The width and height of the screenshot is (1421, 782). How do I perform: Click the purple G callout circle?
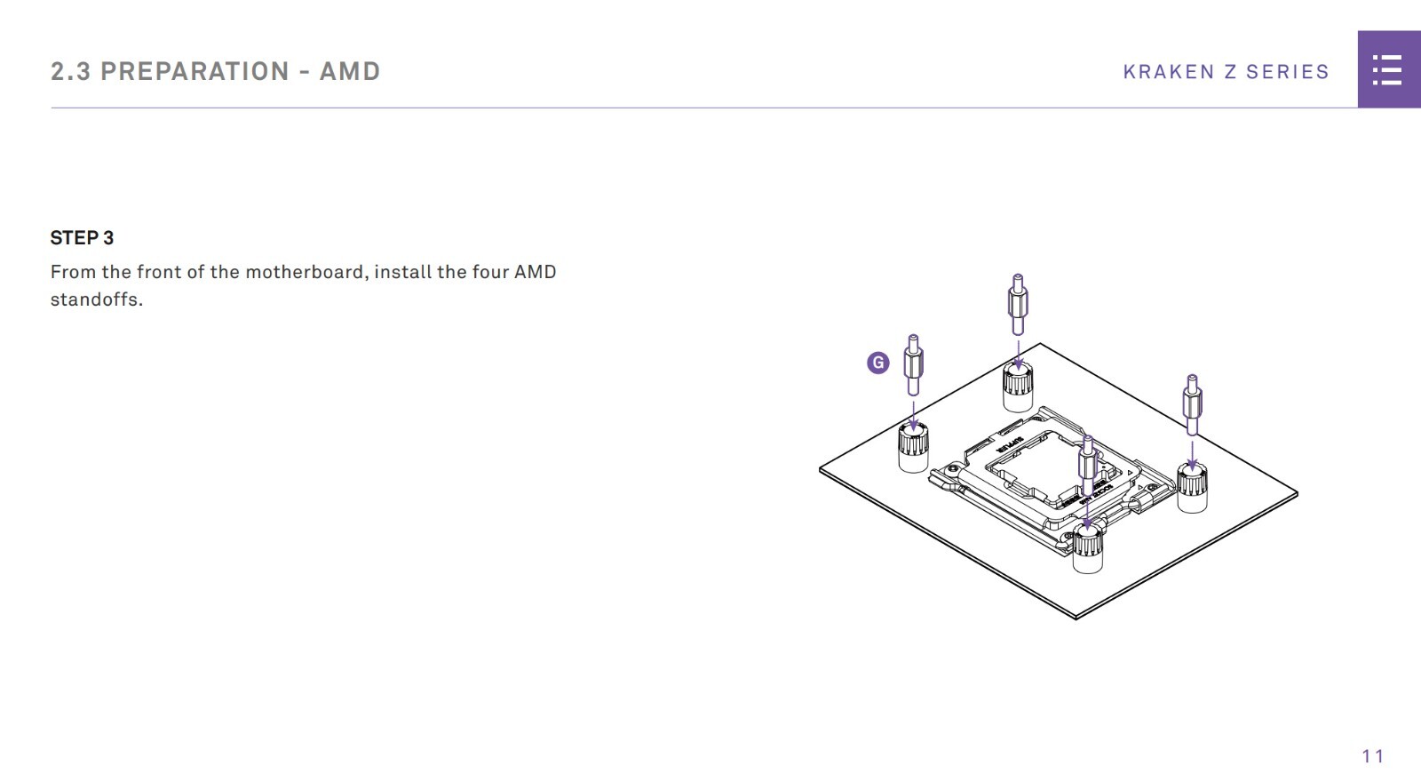click(877, 363)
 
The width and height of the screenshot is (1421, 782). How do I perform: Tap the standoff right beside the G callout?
click(913, 364)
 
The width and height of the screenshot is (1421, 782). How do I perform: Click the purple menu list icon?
click(1387, 70)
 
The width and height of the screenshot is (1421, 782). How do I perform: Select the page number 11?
click(1372, 756)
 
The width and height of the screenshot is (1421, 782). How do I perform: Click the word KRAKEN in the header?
click(1168, 72)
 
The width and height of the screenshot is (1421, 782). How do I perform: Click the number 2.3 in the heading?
click(70, 72)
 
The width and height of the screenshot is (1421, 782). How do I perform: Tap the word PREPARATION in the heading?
click(194, 72)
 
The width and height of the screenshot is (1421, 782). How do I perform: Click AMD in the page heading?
click(350, 72)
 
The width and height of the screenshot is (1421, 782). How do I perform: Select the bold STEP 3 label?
click(82, 238)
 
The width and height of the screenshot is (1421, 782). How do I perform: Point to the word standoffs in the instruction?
click(96, 299)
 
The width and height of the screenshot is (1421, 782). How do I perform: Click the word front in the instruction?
click(158, 272)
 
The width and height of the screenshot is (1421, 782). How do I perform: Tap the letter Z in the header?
click(1230, 72)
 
